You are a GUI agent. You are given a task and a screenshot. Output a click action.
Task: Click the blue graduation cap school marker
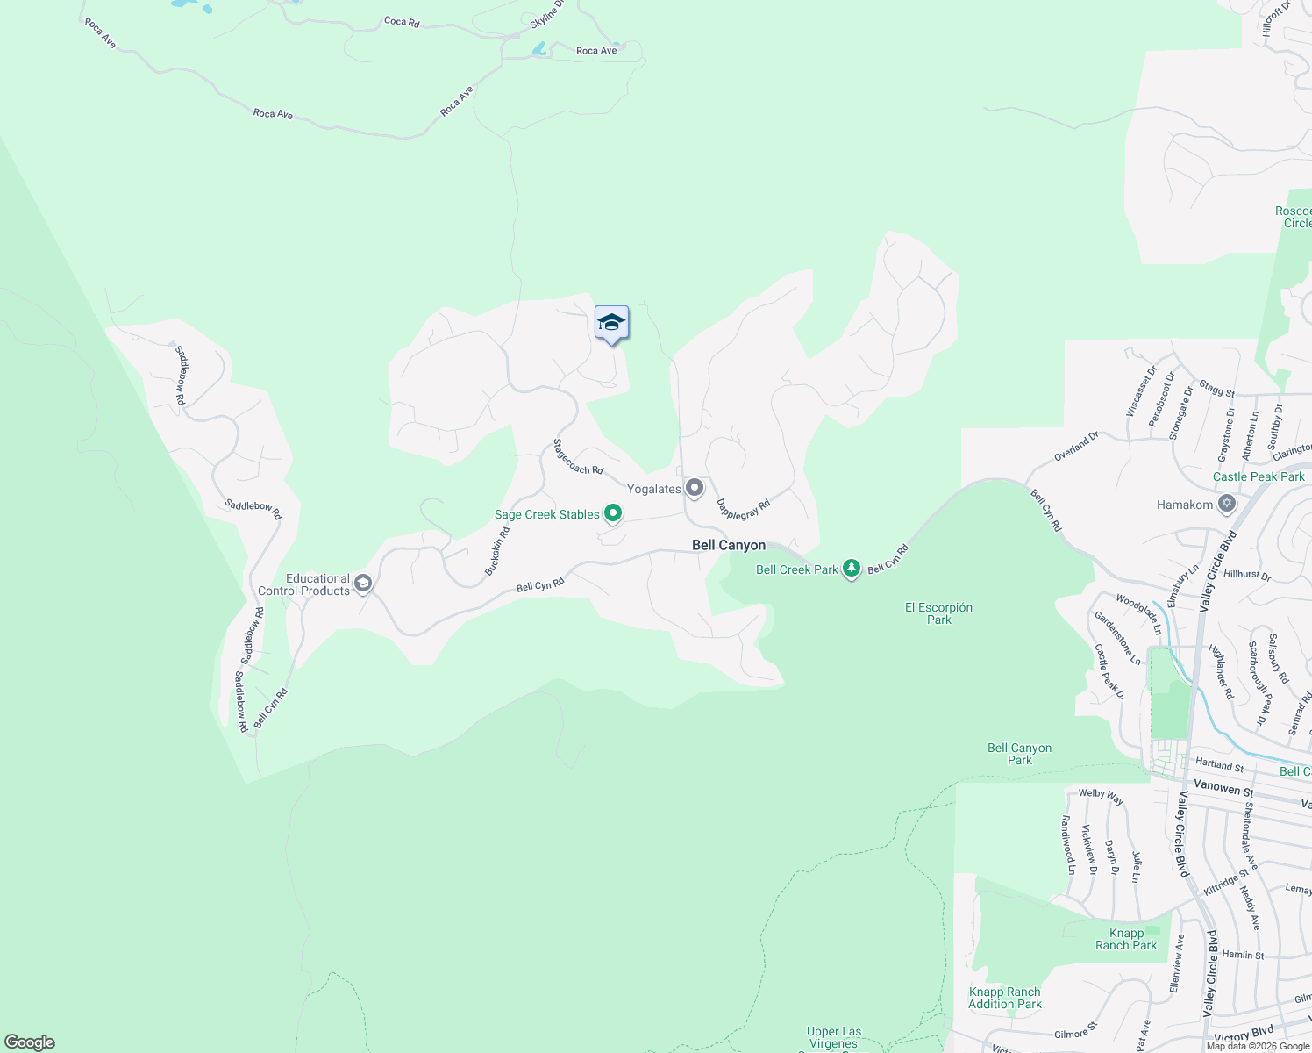coord(611,323)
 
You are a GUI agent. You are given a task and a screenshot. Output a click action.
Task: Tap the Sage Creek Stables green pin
coord(613,514)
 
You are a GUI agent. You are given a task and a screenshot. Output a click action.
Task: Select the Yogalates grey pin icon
coord(695,488)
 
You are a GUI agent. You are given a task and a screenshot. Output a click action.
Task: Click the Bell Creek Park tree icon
coord(852,569)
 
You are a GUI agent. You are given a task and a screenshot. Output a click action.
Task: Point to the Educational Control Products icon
coord(363,584)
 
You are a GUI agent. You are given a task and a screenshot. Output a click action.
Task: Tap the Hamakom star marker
coord(1227,504)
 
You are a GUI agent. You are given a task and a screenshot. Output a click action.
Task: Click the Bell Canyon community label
coord(729,545)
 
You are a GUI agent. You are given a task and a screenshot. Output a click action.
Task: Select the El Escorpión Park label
coord(938,613)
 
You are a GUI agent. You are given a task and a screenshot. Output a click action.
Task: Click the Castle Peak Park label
coord(1259,476)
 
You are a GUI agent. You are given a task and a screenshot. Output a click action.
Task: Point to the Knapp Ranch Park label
coord(1126,939)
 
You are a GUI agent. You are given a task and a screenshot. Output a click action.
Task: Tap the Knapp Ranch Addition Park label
coord(1005,998)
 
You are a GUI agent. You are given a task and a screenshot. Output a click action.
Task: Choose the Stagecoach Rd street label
coord(578,457)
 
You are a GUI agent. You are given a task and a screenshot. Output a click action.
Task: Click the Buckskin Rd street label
coord(497,551)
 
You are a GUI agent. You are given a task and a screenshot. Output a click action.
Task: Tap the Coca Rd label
coord(402,21)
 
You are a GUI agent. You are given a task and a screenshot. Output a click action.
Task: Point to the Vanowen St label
coord(1223,788)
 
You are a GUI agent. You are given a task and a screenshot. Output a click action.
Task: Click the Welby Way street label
coord(1101,796)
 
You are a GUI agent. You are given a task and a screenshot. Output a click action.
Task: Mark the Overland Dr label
coord(1076,447)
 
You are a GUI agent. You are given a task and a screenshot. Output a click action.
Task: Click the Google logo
coord(30,1042)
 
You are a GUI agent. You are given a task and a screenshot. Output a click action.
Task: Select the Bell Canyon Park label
coord(1019,754)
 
